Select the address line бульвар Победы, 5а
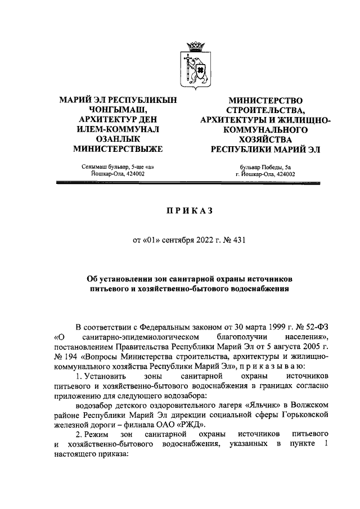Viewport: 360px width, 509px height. [x=265, y=167]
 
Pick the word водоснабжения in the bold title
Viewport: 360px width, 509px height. [x=257, y=290]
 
